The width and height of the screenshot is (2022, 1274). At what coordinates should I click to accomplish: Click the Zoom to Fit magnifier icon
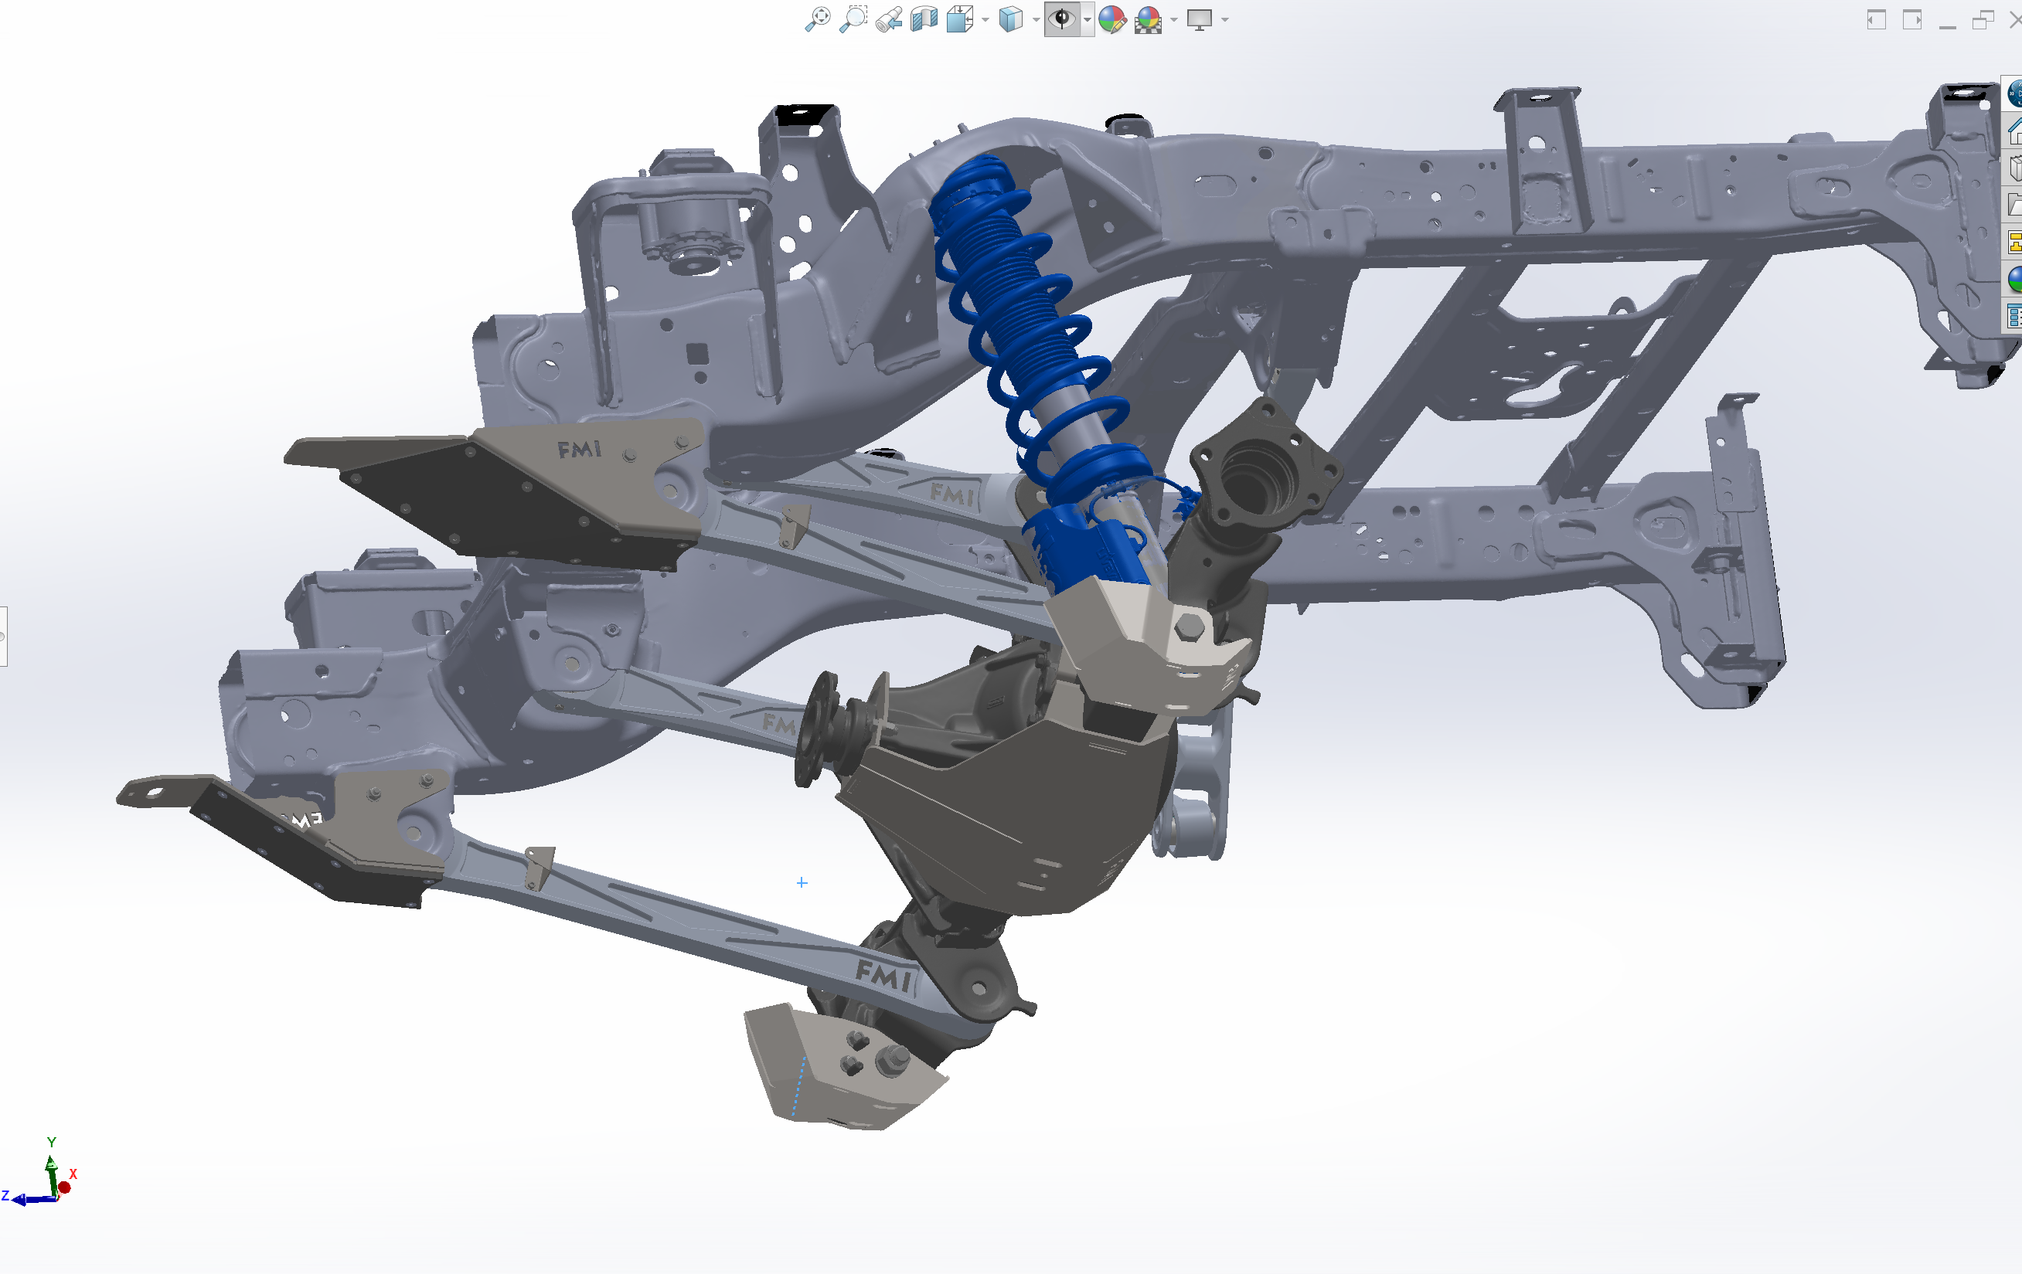point(817,19)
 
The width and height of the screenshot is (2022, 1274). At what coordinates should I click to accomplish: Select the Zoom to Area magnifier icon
point(853,19)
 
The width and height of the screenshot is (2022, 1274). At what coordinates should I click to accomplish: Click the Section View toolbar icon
point(924,19)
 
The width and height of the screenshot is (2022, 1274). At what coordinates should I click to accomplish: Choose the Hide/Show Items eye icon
point(1062,19)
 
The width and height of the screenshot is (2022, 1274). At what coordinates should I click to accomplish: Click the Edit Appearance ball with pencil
point(1111,19)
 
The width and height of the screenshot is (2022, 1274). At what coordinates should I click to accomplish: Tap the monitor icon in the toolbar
point(1199,19)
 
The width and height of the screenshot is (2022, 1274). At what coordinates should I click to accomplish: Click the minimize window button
point(1947,20)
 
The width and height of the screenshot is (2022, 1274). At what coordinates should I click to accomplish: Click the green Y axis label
point(51,1142)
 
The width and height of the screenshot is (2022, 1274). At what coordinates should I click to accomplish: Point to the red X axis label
point(73,1174)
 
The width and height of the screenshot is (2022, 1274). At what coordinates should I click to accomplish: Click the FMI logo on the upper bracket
point(580,450)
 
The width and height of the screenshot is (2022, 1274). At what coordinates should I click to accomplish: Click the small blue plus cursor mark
point(802,882)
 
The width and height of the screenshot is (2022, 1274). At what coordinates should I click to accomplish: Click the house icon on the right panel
point(2013,131)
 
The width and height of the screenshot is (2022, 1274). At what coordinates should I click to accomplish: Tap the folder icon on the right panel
point(2013,204)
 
